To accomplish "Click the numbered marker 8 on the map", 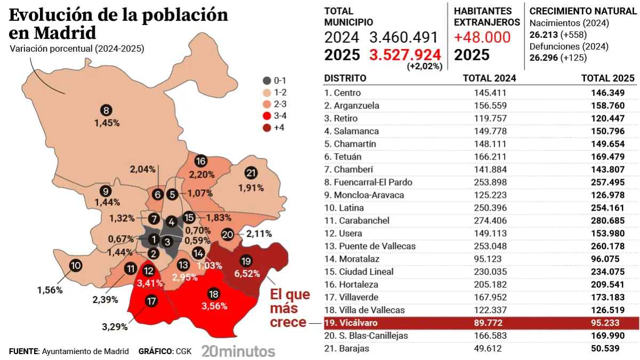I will point(106,110).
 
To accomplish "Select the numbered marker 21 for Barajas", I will point(251,173).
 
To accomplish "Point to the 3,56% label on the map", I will point(214,306).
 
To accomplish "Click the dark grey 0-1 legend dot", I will point(266,81).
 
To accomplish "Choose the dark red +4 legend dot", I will point(266,127).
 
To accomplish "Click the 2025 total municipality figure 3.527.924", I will point(405,55).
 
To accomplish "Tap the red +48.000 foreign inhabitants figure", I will point(482,37).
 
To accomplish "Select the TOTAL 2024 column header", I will point(489,78).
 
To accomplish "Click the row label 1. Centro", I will point(342,92).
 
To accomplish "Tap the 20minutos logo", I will point(238,351).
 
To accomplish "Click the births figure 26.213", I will point(543,35).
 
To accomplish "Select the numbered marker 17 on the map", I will point(151,301).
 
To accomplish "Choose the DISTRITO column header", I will point(345,78).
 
